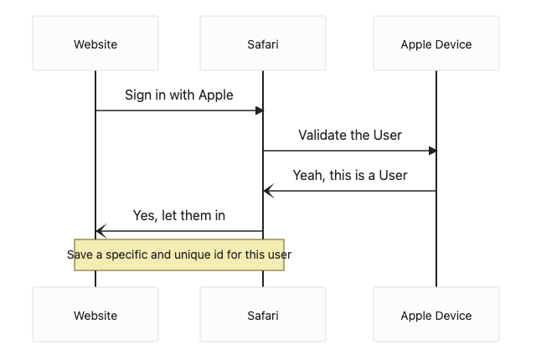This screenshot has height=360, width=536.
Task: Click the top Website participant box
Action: pyautogui.click(x=95, y=43)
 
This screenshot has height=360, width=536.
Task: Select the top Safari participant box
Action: pyautogui.click(x=263, y=43)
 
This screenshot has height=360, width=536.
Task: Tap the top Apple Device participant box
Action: pyautogui.click(x=436, y=43)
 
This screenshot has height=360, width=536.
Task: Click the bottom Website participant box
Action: pyautogui.click(x=95, y=314)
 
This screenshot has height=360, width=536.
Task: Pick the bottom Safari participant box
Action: pyautogui.click(x=263, y=314)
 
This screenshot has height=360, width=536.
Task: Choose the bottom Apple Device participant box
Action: pyautogui.click(x=436, y=314)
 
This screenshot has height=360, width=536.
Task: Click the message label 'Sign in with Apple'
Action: pyautogui.click(x=178, y=95)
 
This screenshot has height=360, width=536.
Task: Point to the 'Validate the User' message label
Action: pyautogui.click(x=350, y=135)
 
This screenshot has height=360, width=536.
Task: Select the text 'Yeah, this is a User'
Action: pyautogui.click(x=350, y=175)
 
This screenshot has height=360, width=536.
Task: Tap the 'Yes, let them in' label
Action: pyautogui.click(x=178, y=215)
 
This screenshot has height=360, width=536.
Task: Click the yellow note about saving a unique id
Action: pyautogui.click(x=179, y=255)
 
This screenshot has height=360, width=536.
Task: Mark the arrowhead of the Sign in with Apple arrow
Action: pyautogui.click(x=260, y=111)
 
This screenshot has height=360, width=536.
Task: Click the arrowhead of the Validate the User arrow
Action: pyautogui.click(x=433, y=151)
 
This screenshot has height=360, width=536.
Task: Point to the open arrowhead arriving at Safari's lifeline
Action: pyautogui.click(x=269, y=191)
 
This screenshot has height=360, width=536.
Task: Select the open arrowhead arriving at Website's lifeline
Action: pyautogui.click(x=101, y=231)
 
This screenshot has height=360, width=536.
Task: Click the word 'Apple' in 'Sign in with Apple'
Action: pyautogui.click(x=216, y=95)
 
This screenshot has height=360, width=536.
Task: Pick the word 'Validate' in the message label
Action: pyautogui.click(x=320, y=135)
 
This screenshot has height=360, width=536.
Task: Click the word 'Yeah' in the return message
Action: pyautogui.click(x=308, y=176)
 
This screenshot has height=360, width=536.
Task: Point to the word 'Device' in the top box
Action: pyautogui.click(x=454, y=44)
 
